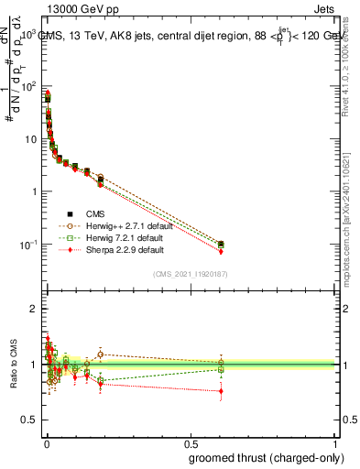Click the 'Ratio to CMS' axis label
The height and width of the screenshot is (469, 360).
[13, 365]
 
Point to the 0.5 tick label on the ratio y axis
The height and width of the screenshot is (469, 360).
[29, 419]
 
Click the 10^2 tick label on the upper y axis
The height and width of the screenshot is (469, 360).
[28, 86]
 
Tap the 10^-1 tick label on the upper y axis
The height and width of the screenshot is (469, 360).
[27, 245]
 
